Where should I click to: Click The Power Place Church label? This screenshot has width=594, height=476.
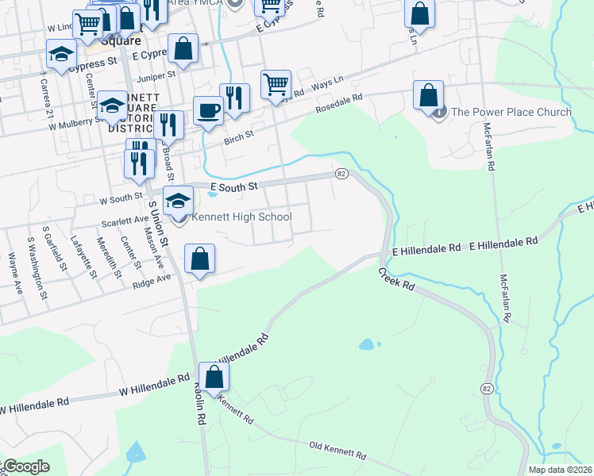click(x=511, y=112)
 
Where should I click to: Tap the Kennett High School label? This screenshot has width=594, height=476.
click(x=241, y=217)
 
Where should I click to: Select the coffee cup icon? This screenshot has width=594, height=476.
click(x=209, y=110)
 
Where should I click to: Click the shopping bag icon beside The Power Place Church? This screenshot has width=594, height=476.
click(x=428, y=95)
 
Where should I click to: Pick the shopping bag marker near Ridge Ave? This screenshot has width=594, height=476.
click(x=199, y=258)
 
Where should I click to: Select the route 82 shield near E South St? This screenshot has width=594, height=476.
click(x=341, y=174)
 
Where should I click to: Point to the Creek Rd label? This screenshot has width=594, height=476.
click(x=397, y=278)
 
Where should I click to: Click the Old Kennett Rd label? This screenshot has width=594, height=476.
click(x=337, y=451)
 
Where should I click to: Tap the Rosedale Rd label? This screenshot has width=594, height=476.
click(x=339, y=101)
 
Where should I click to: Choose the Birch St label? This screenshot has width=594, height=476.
click(x=238, y=135)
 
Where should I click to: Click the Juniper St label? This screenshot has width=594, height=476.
click(x=156, y=76)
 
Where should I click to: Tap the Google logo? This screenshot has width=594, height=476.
click(x=25, y=466)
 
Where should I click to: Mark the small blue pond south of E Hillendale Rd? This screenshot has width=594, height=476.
click(x=366, y=345)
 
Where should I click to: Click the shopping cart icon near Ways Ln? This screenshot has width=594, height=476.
click(x=276, y=83)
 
